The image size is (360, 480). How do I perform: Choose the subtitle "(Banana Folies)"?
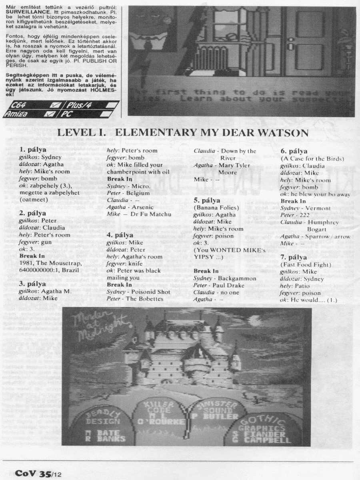point(216,208)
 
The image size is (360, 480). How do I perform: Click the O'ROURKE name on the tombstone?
point(168,422)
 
